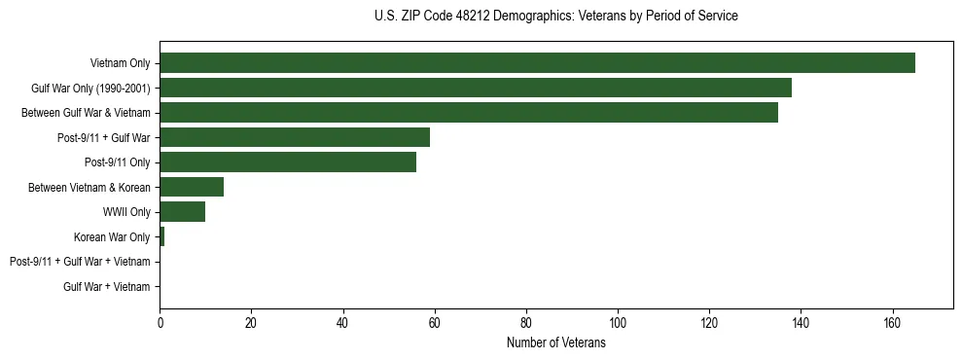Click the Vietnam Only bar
[x=537, y=63]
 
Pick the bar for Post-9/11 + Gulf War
[x=295, y=137]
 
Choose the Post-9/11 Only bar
[x=288, y=162]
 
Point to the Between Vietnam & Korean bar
[x=192, y=187]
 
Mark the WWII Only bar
[x=183, y=212]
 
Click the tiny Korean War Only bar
[x=162, y=236]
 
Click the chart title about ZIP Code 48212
[x=555, y=17]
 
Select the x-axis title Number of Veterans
[x=555, y=343]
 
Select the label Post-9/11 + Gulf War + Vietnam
[x=80, y=262]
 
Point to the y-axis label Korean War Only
[x=112, y=236]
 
